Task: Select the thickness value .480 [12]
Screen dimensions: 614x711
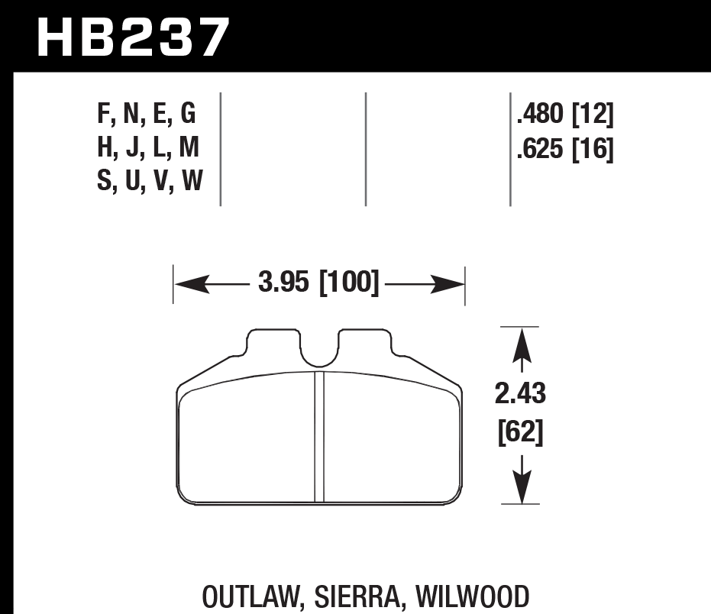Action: pyautogui.click(x=565, y=115)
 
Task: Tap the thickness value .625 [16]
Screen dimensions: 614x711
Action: pyautogui.click(x=565, y=149)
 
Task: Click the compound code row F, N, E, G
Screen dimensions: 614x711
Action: pyautogui.click(x=147, y=115)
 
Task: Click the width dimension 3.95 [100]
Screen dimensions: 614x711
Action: pyautogui.click(x=318, y=284)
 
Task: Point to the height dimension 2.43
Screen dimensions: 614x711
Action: pyautogui.click(x=520, y=396)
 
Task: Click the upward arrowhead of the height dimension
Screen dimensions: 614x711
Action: pyautogui.click(x=521, y=343)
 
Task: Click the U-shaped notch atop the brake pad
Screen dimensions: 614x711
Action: pyautogui.click(x=319, y=351)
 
